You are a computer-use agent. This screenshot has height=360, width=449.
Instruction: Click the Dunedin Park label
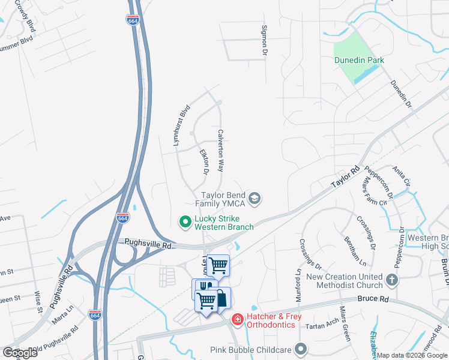[359, 60]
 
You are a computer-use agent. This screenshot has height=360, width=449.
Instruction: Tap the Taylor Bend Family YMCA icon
[255, 199]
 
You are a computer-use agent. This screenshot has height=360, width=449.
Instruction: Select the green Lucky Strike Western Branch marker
[185, 222]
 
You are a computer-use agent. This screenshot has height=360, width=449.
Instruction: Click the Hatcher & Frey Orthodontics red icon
[238, 319]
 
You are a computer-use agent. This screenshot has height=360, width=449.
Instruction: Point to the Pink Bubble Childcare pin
[301, 349]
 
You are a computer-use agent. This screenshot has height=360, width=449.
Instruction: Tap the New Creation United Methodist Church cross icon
[391, 280]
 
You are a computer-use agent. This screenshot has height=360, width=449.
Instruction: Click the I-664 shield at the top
[133, 20]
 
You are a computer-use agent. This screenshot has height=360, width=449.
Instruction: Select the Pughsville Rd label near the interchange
[148, 245]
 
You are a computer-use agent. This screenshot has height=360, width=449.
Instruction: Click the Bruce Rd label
[372, 298]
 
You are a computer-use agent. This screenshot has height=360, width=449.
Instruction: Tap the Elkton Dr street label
[203, 163]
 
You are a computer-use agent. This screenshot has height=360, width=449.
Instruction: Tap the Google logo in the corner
[20, 353]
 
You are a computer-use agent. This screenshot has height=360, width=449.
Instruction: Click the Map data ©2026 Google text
[412, 355]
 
